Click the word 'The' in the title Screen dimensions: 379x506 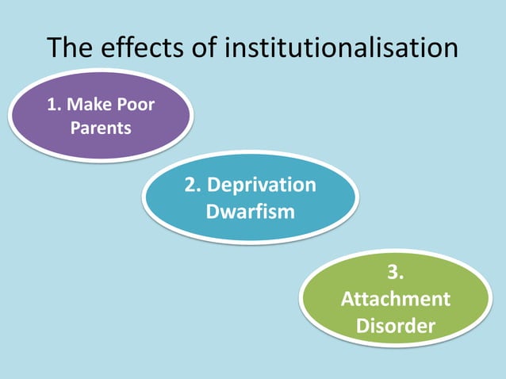coord(71,48)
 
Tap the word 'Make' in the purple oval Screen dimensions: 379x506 coord(92,105)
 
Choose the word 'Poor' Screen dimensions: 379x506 coord(137,105)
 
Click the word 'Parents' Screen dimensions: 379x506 coord(101,127)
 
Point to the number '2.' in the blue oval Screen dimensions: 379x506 coord(194,186)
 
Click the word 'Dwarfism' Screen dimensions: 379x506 coord(250,212)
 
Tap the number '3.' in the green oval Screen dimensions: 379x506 coord(395,274)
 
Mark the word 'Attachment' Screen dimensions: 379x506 coord(395,299)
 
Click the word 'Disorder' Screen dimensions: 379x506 coord(395,325)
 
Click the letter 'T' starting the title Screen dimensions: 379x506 coord(54,48)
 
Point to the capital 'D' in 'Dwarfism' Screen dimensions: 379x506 coord(212,212)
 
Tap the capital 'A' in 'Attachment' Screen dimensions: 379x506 coord(346,299)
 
